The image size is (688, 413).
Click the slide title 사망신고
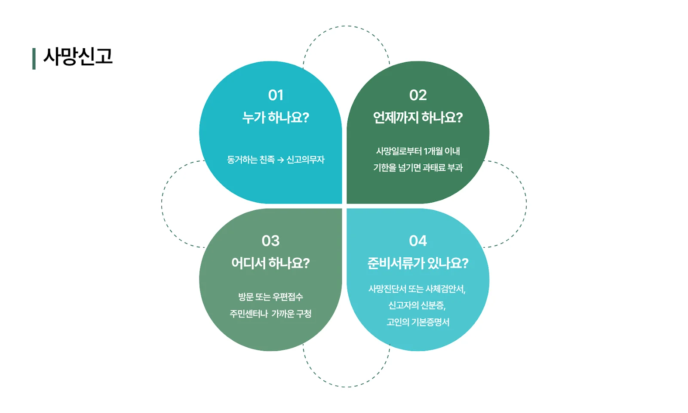(x=78, y=57)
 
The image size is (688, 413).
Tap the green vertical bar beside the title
(x=34, y=59)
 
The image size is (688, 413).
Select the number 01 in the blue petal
(x=276, y=95)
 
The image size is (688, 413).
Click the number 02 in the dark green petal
(x=418, y=95)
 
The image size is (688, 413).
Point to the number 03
(x=270, y=241)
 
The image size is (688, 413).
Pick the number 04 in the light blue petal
(x=418, y=241)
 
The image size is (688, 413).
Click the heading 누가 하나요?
(x=276, y=117)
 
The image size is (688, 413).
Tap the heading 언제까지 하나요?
(x=418, y=117)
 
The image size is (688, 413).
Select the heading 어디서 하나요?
(x=270, y=263)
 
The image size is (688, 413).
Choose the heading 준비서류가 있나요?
(x=418, y=263)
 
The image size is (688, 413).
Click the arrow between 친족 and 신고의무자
(x=281, y=160)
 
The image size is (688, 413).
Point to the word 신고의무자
(x=305, y=160)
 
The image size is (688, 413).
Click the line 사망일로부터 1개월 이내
(x=418, y=151)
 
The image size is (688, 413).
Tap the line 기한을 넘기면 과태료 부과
(x=418, y=168)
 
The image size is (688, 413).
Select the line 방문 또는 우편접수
(x=270, y=297)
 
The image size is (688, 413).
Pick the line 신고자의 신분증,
(x=417, y=305)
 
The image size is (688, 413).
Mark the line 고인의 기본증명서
(x=418, y=322)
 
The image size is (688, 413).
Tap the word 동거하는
(x=242, y=160)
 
